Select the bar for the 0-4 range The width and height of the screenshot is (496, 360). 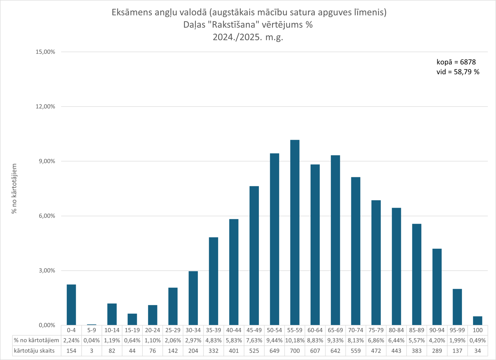(x=71, y=305)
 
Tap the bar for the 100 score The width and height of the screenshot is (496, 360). (x=477, y=321)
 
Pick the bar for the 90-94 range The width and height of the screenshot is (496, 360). (x=437, y=287)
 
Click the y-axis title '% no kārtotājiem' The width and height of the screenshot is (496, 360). (x=14, y=188)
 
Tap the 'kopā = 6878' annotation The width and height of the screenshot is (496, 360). (x=456, y=62)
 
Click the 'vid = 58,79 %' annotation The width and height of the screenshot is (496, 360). (x=458, y=72)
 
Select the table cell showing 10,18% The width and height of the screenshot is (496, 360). (x=295, y=340)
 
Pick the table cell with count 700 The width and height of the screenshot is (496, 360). (x=295, y=351)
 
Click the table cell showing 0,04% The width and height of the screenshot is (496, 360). (x=92, y=340)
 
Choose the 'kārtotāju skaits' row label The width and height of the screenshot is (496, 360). (x=34, y=351)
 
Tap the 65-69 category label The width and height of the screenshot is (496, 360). (x=335, y=330)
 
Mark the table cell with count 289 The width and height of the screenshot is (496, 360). (x=437, y=351)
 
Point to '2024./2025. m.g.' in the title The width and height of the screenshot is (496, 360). (x=248, y=37)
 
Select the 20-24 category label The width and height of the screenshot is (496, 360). (x=152, y=330)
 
